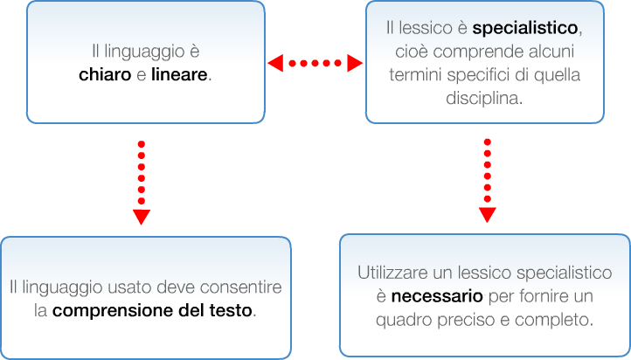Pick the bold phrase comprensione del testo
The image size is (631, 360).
pos(153,310)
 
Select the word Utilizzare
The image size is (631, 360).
pos(394,273)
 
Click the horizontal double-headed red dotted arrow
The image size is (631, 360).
pos(315,63)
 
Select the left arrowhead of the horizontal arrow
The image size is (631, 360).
pos(274,63)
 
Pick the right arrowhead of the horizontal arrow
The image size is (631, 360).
pos(354,63)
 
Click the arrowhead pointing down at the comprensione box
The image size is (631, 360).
pos(142,217)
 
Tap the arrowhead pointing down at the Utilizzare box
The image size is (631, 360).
pos(487,215)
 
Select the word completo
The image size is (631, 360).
pos(558,321)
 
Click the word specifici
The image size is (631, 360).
pos(476,75)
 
